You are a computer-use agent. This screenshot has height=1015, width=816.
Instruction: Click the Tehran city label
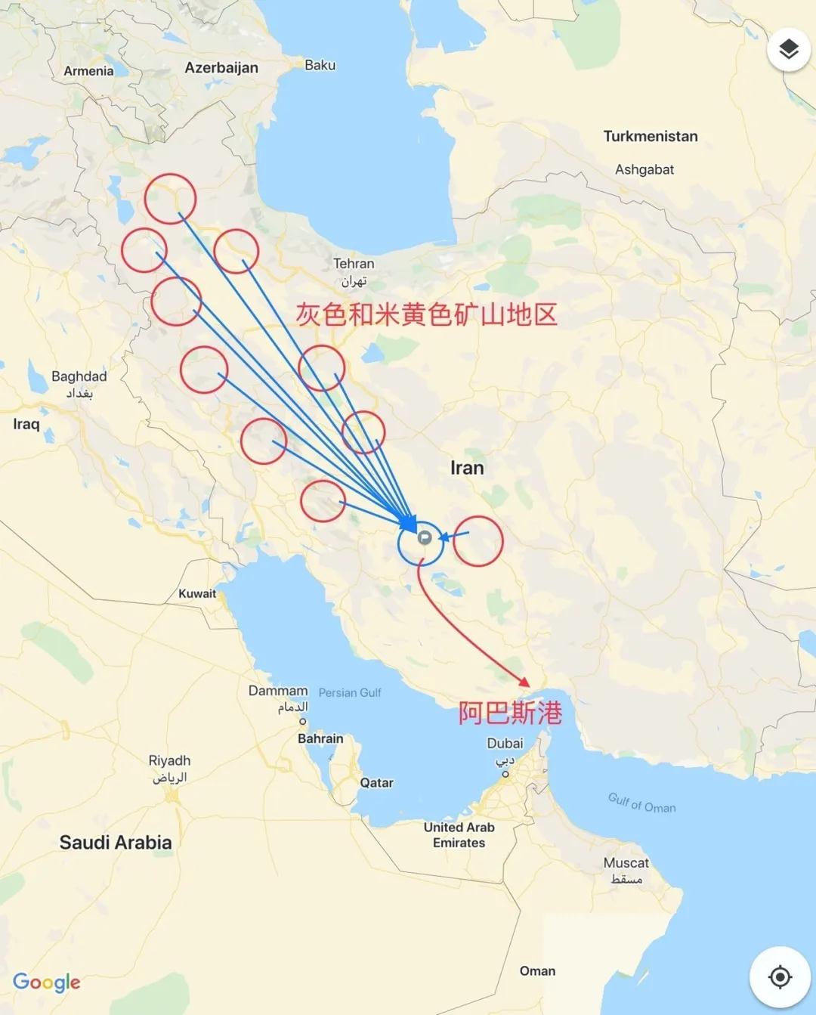[x=354, y=265]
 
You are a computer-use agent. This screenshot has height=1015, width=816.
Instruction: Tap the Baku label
[x=320, y=66]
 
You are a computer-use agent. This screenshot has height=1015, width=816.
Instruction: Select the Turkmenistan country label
[x=650, y=137]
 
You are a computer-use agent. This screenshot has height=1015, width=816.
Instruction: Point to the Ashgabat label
[x=644, y=170]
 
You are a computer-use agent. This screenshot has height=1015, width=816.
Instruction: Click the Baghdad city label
[x=79, y=377]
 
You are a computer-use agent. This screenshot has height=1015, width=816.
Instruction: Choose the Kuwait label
[x=197, y=594]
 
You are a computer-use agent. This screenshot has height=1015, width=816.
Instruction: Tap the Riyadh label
[x=169, y=761]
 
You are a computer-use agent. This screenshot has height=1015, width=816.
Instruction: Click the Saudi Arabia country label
[x=116, y=843]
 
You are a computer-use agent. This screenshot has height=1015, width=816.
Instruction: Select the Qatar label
[x=376, y=783]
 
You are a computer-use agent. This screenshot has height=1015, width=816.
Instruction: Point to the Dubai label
[x=505, y=744]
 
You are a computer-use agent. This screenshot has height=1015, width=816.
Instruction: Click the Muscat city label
[x=626, y=863]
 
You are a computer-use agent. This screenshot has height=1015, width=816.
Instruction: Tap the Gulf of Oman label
[x=641, y=803]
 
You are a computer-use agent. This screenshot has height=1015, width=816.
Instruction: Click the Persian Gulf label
[x=350, y=693]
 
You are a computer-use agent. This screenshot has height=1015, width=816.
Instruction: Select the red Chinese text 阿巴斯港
[x=510, y=713]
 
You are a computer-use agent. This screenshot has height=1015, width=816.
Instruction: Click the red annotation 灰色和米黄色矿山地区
[x=426, y=314]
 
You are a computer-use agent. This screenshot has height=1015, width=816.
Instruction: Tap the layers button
[x=788, y=50]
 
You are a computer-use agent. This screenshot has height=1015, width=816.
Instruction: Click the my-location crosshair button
[x=779, y=977]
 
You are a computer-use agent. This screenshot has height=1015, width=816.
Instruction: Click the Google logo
[x=47, y=982]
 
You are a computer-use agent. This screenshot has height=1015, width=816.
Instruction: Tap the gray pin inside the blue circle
[x=425, y=537]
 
